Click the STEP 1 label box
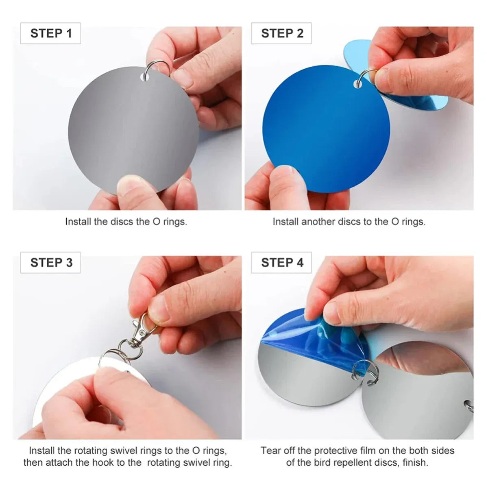tap(51, 33)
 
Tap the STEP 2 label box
tap(281, 33)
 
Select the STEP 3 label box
tap(51, 262)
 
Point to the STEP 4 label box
tap(281, 262)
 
